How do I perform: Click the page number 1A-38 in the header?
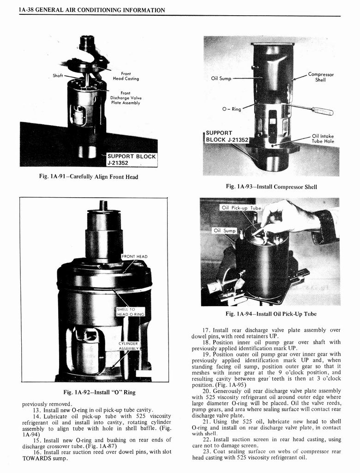(27, 10)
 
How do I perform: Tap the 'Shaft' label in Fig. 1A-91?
(58, 76)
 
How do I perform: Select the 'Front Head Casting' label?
(126, 76)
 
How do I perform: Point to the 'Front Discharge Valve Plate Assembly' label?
(126, 98)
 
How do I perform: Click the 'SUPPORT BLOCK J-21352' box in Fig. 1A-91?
(131, 159)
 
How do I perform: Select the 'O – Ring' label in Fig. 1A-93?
(232, 109)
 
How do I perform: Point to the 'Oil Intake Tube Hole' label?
(323, 139)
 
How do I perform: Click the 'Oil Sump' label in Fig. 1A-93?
(221, 78)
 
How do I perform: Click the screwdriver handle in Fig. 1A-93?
(323, 111)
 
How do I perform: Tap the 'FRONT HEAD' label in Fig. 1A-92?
(135, 256)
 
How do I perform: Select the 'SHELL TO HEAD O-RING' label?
(131, 312)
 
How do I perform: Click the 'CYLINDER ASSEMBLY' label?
(128, 346)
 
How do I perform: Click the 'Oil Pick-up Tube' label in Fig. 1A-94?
(241, 208)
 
